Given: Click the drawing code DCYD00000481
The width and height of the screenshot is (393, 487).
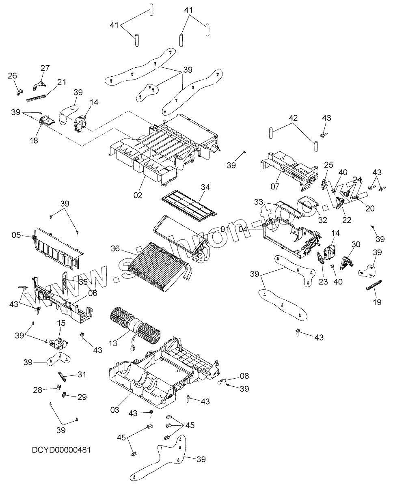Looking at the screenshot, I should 61,450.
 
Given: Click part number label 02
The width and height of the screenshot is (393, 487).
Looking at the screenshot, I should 138,195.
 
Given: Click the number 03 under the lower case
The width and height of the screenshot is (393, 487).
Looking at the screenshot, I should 114,410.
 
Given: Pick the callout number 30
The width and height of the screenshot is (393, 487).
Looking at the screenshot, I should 356,244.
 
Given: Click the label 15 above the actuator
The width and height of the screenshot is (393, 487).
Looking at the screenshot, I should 61,323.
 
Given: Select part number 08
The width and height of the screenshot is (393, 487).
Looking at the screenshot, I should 244,376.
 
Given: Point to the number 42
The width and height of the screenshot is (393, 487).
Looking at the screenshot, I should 293,118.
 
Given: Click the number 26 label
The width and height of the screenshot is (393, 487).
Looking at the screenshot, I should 13,75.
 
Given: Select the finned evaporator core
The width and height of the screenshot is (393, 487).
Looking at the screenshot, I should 158,266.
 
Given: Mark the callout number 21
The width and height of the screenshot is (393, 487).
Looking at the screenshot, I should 62,82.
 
